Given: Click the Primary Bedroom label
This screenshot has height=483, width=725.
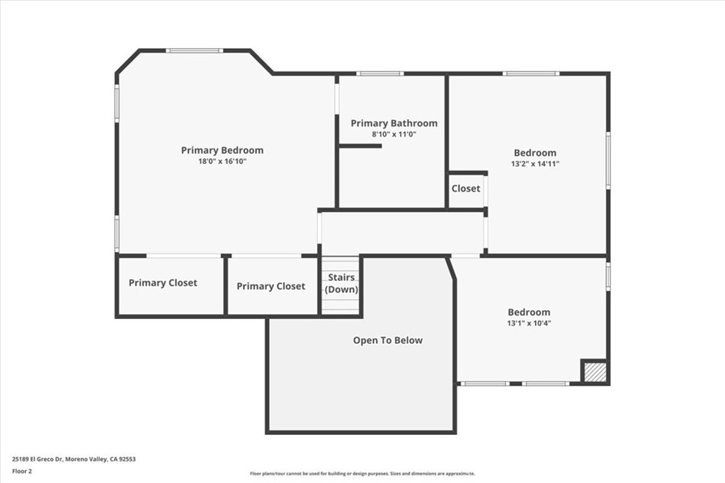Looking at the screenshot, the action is coord(222,150).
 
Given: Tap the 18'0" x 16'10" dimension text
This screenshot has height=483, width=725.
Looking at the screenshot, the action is coord(222,161).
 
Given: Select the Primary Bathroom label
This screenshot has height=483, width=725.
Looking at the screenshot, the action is coord(394,123).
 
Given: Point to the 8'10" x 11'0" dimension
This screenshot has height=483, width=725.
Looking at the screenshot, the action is coord(394,134).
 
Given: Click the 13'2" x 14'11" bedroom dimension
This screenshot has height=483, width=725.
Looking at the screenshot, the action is coord(535,163).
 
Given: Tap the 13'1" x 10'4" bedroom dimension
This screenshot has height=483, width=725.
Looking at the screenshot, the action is coord(529,322).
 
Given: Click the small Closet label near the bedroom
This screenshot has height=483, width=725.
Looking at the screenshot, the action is coord(466,188).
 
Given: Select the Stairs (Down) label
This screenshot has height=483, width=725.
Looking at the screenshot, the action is coord(341,283).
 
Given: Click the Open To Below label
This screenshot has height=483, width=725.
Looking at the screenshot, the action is coord(387,340).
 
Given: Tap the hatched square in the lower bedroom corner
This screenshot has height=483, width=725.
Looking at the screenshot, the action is coord(595,372).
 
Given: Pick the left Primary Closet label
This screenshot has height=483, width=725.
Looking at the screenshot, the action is coord(163,283).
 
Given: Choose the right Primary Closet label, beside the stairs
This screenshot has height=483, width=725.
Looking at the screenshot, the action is coord(271,286).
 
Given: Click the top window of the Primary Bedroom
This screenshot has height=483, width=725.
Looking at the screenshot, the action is coord(195,50).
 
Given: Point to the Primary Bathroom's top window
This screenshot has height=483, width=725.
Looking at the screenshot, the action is coord(379,74).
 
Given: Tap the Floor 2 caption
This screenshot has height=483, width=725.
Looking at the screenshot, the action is coord(22,472).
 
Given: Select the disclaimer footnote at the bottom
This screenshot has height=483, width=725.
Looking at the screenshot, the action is coord(362,473).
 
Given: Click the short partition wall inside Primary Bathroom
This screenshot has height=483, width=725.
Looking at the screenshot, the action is coord(360,146).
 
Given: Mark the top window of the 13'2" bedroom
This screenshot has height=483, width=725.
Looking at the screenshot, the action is coord(531,74).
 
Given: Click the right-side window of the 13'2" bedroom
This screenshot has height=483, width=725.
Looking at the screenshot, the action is coord(608,160).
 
